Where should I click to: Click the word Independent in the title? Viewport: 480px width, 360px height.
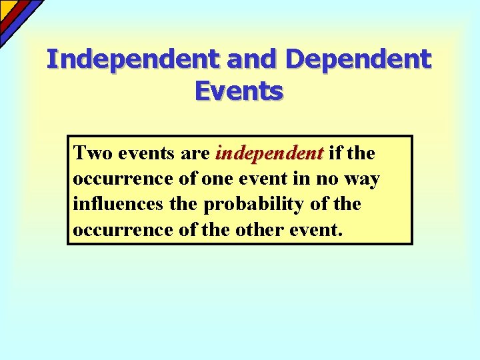pos(133,59)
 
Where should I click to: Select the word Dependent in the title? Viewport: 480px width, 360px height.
pos(359,59)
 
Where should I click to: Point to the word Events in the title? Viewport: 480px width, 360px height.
pos(239,91)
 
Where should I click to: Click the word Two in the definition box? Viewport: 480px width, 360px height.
pos(93,153)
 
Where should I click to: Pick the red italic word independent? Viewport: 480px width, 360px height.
pos(269,153)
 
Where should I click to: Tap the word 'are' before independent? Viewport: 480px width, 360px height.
pos(196,153)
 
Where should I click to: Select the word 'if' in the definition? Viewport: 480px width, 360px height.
pos(336,153)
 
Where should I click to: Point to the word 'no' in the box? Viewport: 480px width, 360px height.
pos(329,179)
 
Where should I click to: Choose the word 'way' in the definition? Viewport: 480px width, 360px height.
pos(363,179)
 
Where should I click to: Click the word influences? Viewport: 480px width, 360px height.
pos(119,204)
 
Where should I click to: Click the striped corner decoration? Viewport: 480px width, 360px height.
pos(17,17)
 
